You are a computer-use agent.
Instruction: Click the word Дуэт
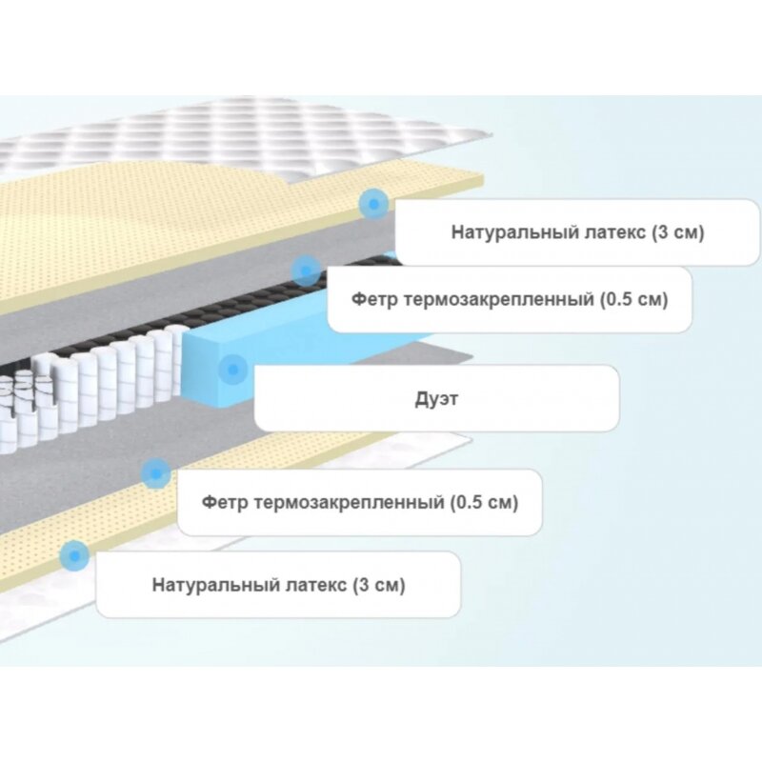pyautogui.click(x=436, y=399)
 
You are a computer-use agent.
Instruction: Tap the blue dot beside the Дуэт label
pyautogui.click(x=232, y=369)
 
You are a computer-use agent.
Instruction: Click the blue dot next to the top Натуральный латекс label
pyautogui.click(x=373, y=204)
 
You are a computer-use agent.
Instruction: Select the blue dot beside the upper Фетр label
pyautogui.click(x=306, y=271)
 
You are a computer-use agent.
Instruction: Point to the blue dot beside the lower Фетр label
pyautogui.click(x=156, y=473)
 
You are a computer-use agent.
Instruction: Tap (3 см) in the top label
pyautogui.click(x=678, y=232)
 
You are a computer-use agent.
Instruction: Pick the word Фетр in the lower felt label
pyautogui.click(x=225, y=502)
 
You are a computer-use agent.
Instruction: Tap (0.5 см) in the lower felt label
pyautogui.click(x=484, y=502)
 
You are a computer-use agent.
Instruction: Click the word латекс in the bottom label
pyautogui.click(x=307, y=585)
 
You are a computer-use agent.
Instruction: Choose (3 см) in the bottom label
pyautogui.click(x=378, y=585)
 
